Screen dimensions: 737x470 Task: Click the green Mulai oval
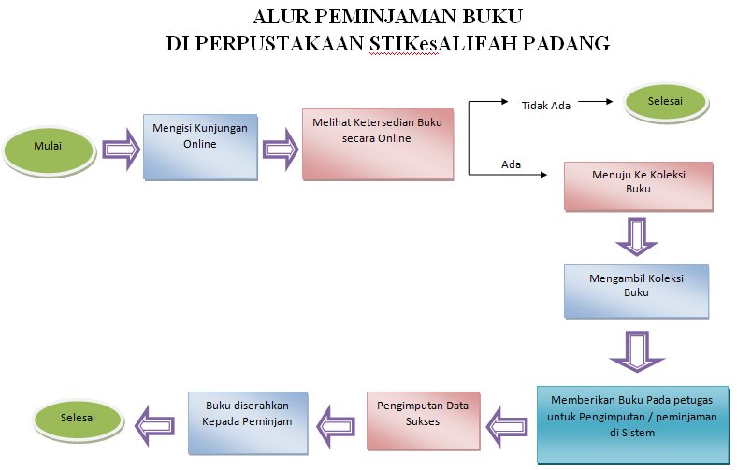49,150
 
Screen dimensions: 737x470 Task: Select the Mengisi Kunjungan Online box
200,147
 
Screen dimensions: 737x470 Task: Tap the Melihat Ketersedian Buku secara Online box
378,144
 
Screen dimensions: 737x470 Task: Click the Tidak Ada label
545,106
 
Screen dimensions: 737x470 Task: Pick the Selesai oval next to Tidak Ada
666,103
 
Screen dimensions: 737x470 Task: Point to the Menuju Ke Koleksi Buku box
638,186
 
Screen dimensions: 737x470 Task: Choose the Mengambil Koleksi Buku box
636,292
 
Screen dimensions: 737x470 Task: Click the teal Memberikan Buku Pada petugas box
632,425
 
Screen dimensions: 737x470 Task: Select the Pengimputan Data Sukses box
423,420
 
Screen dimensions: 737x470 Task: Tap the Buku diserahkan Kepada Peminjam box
248,422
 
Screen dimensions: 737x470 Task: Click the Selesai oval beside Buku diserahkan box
78,420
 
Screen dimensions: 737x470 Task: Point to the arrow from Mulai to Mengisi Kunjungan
121,150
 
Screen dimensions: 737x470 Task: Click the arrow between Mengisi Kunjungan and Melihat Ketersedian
281,150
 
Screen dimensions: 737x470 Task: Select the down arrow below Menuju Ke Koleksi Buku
637,236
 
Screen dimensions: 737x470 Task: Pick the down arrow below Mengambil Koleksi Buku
637,351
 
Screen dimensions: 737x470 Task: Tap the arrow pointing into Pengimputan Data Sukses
506,426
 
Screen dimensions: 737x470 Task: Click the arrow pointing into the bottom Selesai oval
154,426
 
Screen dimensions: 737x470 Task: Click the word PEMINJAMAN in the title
388,17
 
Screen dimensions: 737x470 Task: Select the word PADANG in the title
566,44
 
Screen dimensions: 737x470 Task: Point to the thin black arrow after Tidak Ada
596,102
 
